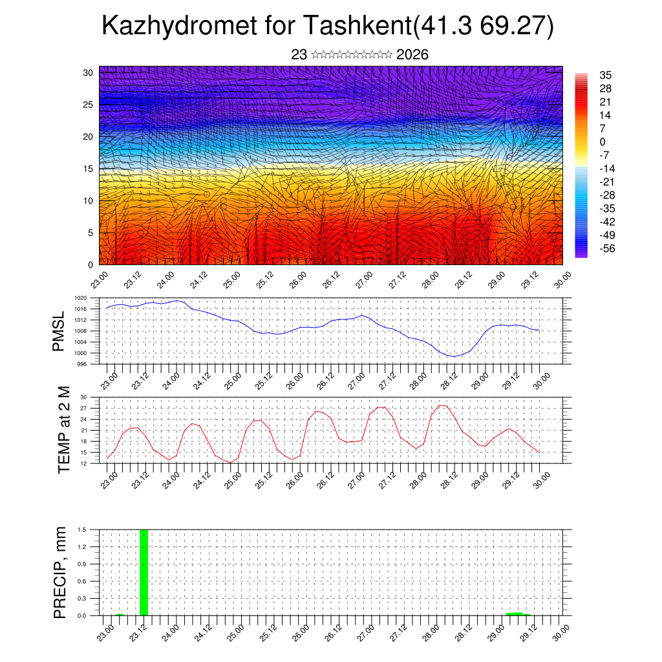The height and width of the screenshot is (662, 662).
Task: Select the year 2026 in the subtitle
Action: click(412, 55)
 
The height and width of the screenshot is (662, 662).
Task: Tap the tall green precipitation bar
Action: click(144, 572)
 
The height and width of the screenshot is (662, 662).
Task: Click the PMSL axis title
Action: click(59, 332)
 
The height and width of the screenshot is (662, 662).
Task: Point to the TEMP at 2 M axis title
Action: click(63, 430)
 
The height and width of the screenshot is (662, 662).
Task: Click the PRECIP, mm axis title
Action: click(60, 573)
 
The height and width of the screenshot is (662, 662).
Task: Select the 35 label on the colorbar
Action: click(606, 75)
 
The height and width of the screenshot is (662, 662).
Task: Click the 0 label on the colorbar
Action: click(603, 142)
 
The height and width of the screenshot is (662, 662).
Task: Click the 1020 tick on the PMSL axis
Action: click(81, 298)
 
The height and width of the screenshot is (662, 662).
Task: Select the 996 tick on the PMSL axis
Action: click(82, 364)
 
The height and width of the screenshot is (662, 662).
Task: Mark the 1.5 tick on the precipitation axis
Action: click(83, 529)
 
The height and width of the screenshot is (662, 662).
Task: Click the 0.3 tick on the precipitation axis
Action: click(83, 599)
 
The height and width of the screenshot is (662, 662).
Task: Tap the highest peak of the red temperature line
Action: click(441, 405)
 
